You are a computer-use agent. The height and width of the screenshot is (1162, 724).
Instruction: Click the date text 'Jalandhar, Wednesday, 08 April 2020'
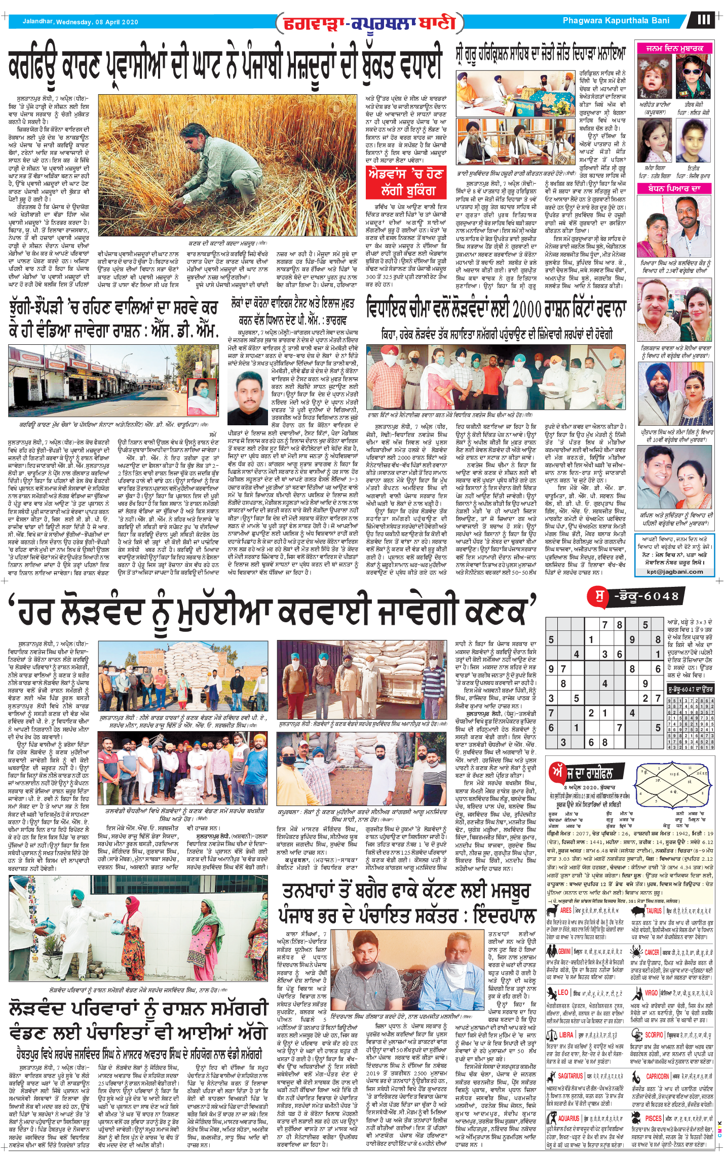tap(80, 22)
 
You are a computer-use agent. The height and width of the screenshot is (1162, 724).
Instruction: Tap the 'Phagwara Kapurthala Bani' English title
tap(616, 21)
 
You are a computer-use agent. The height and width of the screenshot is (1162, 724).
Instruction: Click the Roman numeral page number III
tap(704, 20)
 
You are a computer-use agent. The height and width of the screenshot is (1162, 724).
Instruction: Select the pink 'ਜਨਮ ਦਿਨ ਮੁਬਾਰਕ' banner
tap(674, 49)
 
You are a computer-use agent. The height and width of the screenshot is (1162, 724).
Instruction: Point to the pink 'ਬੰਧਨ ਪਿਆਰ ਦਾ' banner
tap(674, 188)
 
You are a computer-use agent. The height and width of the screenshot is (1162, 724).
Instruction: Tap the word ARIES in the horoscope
tap(565, 910)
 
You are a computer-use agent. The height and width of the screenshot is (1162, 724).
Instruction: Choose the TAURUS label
tap(654, 910)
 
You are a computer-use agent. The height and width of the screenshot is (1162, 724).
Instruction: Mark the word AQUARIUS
tap(568, 1118)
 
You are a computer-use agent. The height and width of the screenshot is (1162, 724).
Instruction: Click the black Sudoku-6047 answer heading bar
tap(690, 689)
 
